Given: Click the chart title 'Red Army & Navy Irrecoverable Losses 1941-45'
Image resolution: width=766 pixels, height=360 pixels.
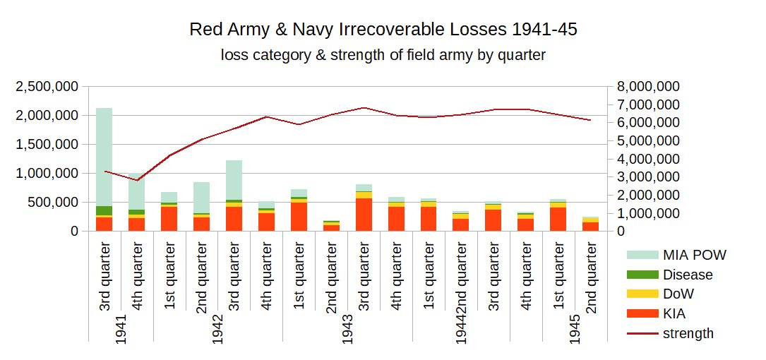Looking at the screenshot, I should (388, 30).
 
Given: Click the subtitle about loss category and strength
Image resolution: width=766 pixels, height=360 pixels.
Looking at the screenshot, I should (383, 55).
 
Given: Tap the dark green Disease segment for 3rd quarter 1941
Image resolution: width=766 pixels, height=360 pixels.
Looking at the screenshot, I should (104, 210).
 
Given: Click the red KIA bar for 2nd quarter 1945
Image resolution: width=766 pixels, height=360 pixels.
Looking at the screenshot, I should (590, 226).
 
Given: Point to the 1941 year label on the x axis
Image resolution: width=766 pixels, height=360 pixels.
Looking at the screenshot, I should (121, 329).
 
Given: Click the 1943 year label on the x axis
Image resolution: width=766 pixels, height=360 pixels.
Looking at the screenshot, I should (347, 329).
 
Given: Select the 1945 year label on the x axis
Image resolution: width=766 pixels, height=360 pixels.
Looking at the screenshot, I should (574, 329).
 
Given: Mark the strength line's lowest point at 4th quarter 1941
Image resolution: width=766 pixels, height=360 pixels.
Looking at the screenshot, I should (137, 181).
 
